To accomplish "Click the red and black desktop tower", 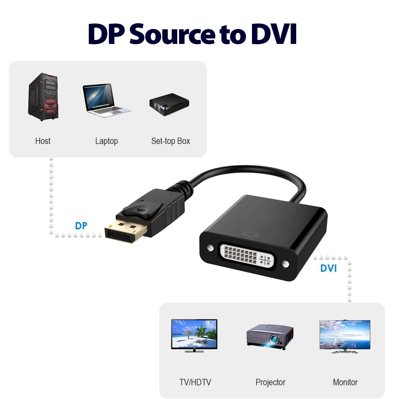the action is [43, 96].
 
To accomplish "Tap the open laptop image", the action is [107, 100].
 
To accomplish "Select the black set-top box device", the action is [169, 104].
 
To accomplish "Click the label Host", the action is [43, 141].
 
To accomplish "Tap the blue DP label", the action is [81, 226].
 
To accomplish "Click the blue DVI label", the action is [329, 268].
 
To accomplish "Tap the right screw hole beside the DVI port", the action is [286, 264].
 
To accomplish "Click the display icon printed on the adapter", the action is [251, 234].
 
